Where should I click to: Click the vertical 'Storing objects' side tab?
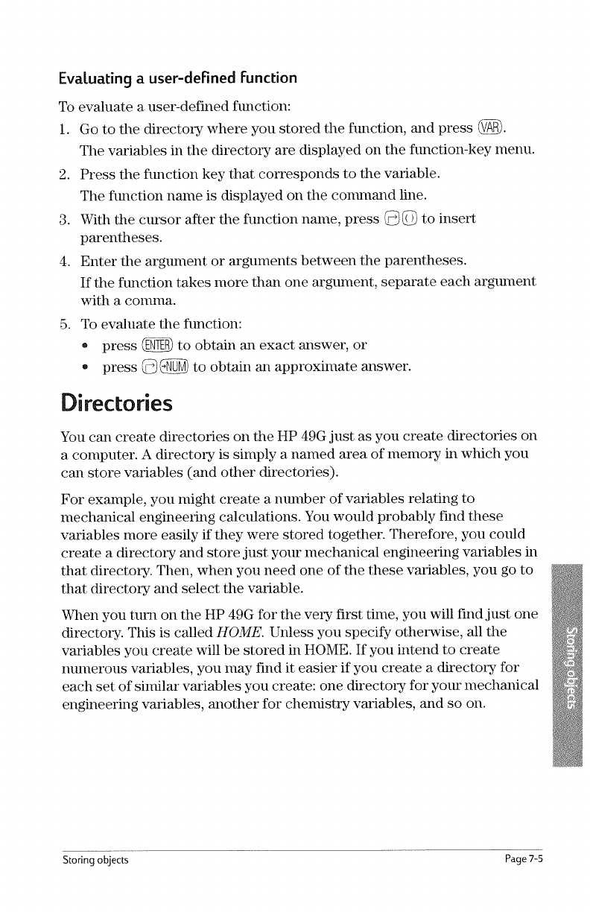click(570, 656)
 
